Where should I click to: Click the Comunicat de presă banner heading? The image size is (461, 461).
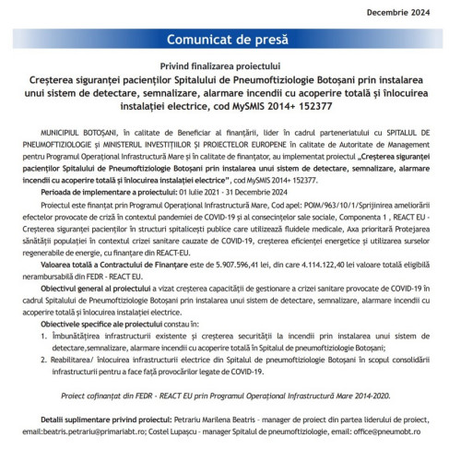tap(230, 41)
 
